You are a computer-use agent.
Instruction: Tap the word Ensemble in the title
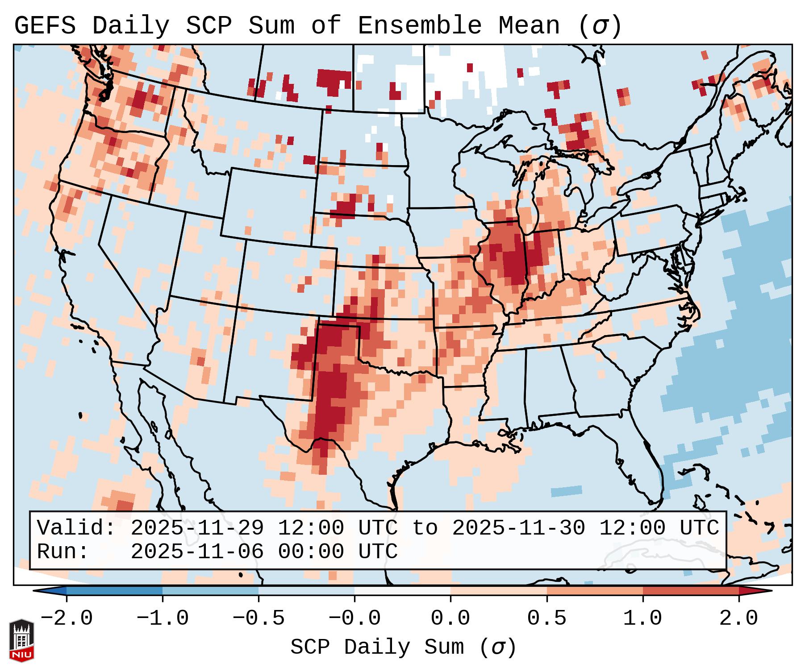pos(420,26)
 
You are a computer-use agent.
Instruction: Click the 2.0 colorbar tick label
pos(738,618)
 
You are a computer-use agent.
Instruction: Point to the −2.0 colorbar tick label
pos(67,618)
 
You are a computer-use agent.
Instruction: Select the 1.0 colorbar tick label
pos(642,618)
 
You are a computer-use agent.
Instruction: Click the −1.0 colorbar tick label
pos(163,618)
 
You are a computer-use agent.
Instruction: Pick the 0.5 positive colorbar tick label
pos(546,618)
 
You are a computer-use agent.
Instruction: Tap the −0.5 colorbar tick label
pos(259,618)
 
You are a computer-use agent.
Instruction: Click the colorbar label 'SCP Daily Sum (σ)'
pos(403,647)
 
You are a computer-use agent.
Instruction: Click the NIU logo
pos(21,640)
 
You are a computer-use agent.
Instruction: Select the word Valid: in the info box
pos(76,528)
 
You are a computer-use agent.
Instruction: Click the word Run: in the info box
pos(63,552)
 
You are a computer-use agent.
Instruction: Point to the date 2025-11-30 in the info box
pos(518,528)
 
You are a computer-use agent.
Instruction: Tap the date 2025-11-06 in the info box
pos(197,552)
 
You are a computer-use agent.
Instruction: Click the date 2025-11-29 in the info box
pos(197,528)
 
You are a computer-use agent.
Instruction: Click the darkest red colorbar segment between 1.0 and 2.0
pos(691,591)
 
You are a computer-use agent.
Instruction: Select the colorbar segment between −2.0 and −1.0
pos(114,591)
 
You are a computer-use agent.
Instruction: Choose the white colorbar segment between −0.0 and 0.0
pos(402,591)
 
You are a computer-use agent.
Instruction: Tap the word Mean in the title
pos(529,26)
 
